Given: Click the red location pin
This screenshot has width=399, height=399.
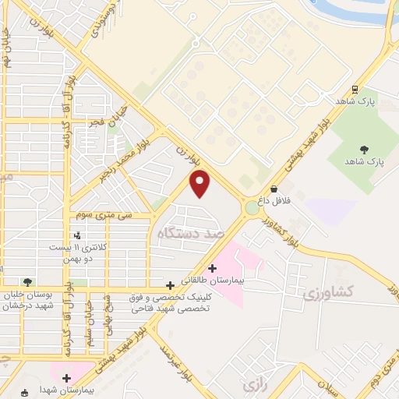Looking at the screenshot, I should click(201, 184).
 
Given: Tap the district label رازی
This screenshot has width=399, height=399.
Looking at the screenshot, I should click(251, 385).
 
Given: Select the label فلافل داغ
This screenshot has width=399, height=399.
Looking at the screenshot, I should click(274, 200).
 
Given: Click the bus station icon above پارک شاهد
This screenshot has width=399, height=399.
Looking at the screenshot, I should click(355, 90).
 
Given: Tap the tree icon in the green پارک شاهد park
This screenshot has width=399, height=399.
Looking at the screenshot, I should click(364, 149).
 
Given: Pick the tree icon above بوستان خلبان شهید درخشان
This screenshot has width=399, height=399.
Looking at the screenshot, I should click(28, 282).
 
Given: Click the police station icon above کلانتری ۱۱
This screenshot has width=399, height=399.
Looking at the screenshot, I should click(77, 235).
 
